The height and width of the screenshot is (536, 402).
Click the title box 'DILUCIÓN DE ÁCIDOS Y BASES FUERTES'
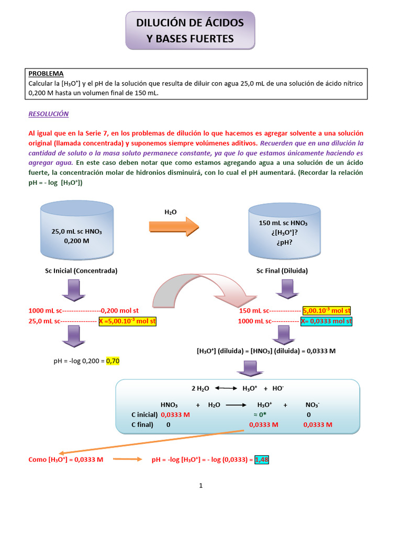pos(190,30)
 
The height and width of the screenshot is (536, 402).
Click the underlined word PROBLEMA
pos(46,74)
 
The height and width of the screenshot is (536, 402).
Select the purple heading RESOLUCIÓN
pos(48,114)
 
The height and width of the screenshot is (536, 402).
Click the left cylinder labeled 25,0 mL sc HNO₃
pos(76,233)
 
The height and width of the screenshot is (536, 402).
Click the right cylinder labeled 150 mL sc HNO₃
pos(283,231)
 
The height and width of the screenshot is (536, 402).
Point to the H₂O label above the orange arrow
pos(171,211)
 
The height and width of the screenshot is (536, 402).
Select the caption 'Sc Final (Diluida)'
pos(282,271)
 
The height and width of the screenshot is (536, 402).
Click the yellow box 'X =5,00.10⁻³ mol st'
pos(128,321)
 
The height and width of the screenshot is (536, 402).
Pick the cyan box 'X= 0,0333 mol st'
pos(326,321)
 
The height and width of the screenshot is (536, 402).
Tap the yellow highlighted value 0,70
pos(113,361)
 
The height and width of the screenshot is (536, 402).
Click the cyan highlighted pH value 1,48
pos(261,460)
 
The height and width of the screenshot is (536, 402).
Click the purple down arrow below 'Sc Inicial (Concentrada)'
pos(73,289)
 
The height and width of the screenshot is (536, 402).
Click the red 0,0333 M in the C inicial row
pos(175,414)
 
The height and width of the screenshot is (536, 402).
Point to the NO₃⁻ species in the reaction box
pos(312,405)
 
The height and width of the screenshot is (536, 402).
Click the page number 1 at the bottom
pos(200,485)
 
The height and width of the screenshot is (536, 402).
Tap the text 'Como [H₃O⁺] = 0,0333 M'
pos(66,460)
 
